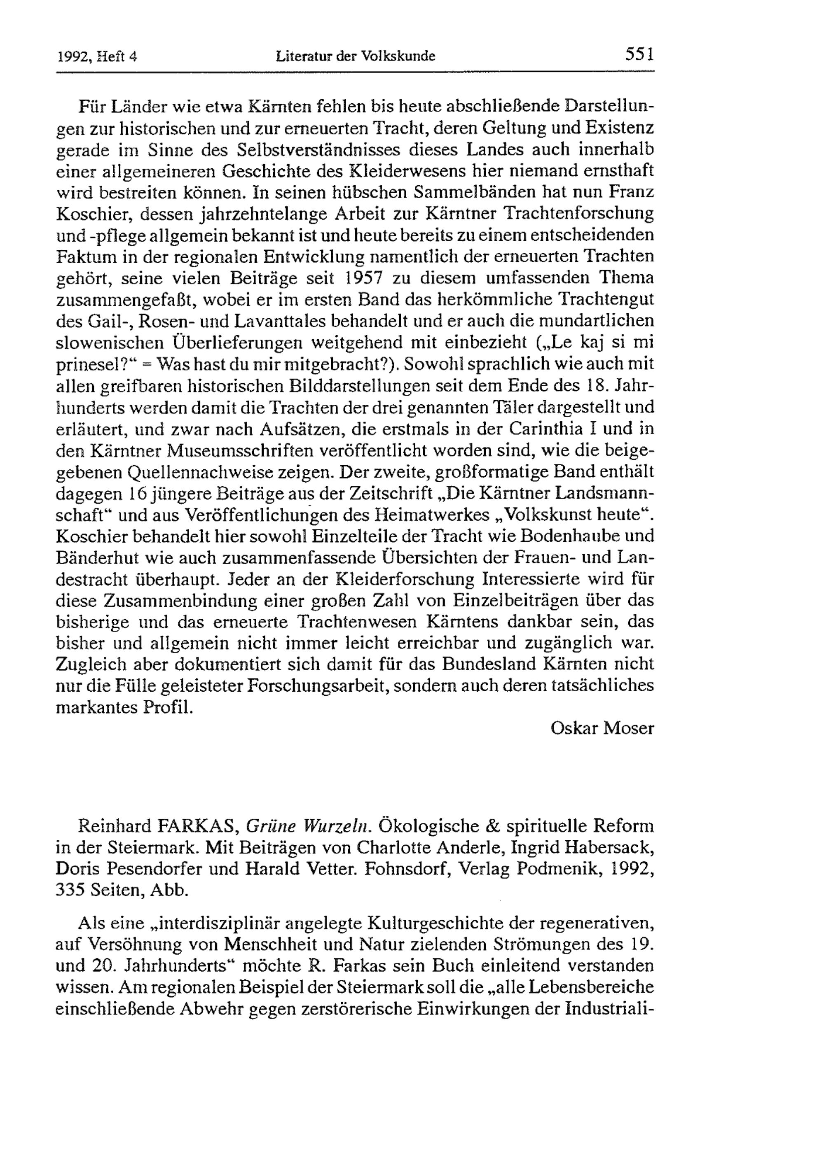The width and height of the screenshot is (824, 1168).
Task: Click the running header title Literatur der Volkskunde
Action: tap(355, 56)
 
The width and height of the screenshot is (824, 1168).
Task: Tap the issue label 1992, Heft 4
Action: tap(97, 56)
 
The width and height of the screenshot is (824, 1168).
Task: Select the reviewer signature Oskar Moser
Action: tap(602, 728)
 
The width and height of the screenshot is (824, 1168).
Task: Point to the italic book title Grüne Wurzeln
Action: tap(307, 825)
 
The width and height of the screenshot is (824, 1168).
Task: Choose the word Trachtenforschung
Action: tap(578, 214)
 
